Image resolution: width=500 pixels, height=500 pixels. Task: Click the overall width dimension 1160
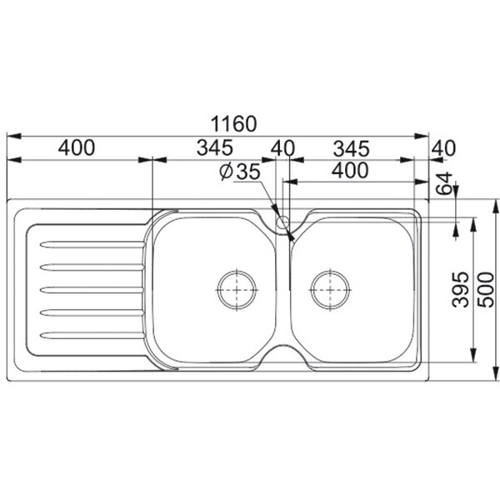click(233, 123)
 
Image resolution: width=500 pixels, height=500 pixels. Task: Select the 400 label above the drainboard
click(77, 147)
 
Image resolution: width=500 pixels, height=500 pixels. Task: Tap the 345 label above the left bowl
click(215, 147)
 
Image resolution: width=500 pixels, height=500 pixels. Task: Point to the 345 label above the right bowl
click(352, 148)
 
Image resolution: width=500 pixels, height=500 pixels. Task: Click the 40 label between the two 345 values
click(282, 148)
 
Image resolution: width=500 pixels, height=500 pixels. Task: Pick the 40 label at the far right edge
click(443, 148)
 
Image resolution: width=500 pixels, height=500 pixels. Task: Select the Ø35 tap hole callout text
click(240, 172)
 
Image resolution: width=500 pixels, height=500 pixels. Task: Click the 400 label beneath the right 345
click(350, 170)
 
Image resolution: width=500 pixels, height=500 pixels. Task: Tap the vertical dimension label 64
click(444, 183)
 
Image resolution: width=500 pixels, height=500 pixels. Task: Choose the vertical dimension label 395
click(461, 289)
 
